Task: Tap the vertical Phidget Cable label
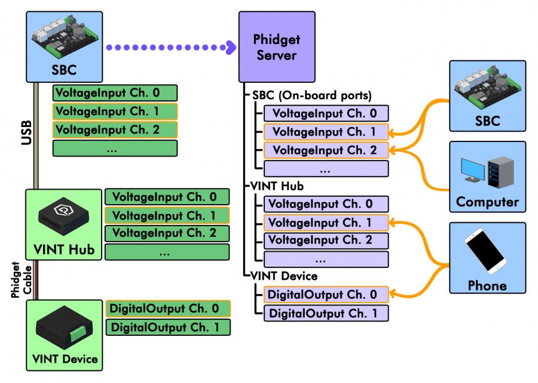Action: tap(20, 279)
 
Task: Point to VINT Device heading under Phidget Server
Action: tap(284, 276)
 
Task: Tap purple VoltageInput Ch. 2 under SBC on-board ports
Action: tap(326, 150)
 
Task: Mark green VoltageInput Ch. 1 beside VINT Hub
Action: tap(167, 215)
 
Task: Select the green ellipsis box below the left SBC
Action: tap(115, 148)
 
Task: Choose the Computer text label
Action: tap(487, 202)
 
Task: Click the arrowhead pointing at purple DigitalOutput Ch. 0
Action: tap(395, 295)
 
